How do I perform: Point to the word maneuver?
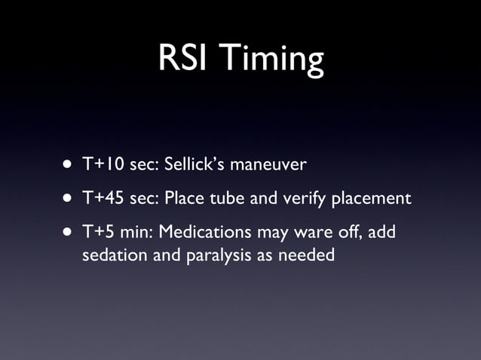[271, 163]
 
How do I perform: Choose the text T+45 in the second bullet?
[104, 199]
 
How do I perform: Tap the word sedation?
[110, 255]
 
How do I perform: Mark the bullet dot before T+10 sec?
[69, 163]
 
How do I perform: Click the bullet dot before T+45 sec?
[69, 200]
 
